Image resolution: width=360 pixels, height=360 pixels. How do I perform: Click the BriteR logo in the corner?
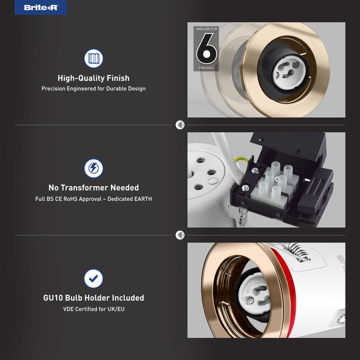pos(41,7)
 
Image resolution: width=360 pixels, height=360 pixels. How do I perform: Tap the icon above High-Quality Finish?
pos(94,58)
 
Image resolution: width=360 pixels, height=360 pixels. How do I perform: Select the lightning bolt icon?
pos(94,168)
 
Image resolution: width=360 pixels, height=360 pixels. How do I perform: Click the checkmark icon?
pos(94,279)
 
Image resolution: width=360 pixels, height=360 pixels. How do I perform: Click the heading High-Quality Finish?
pos(94,78)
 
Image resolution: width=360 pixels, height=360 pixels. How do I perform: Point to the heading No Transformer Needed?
pos(94,188)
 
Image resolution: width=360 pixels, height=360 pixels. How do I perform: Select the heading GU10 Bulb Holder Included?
pos(94,298)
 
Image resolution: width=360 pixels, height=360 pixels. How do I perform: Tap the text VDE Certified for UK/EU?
pos(94,309)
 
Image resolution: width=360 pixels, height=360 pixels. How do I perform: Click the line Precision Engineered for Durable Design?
pos(94,88)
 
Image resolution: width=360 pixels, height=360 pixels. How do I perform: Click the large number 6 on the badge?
pos(206,49)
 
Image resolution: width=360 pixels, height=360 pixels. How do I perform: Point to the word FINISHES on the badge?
pos(206,68)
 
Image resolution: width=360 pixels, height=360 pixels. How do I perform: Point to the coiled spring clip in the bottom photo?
pos(298,251)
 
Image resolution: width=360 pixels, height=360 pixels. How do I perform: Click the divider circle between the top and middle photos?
pos(180,125)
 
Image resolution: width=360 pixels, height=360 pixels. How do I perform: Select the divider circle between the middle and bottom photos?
pos(180,235)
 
